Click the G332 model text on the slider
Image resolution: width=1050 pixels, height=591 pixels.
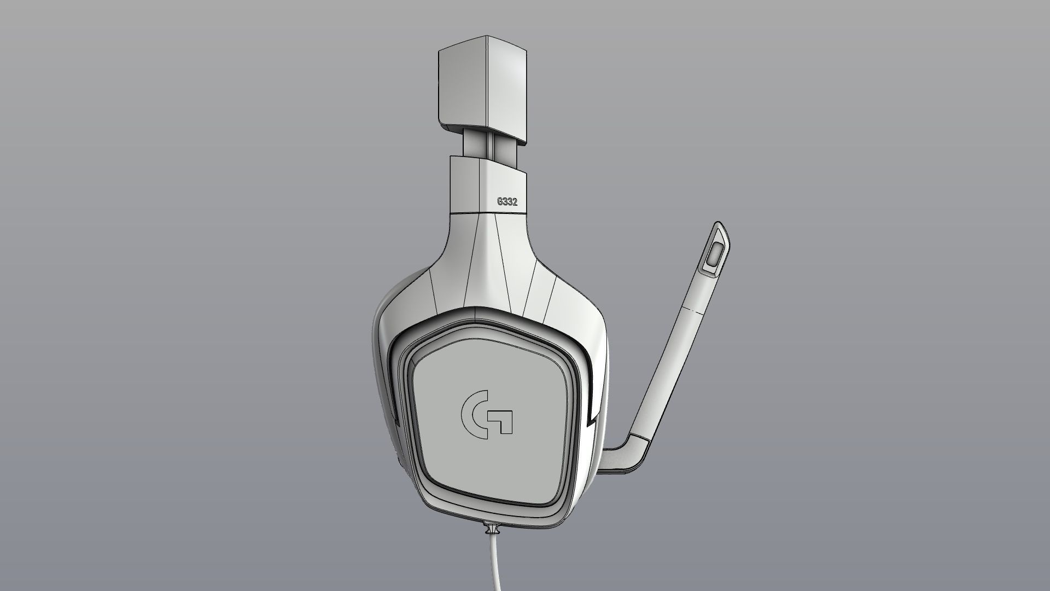click(x=507, y=201)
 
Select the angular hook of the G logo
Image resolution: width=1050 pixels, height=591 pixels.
click(x=504, y=420)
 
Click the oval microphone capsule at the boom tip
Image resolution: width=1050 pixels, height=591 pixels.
click(x=714, y=254)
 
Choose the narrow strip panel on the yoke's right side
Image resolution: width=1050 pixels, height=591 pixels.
click(x=540, y=293)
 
